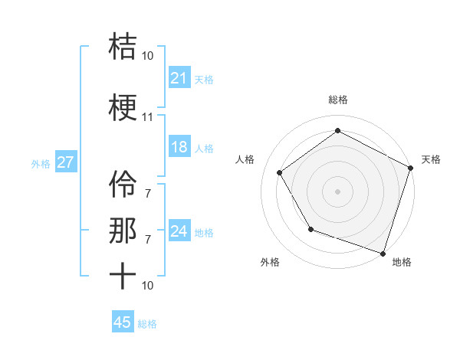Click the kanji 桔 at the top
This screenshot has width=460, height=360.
(123, 47)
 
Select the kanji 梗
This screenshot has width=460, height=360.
(123, 109)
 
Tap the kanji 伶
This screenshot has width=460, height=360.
(123, 185)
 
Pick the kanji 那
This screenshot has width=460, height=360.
(123, 231)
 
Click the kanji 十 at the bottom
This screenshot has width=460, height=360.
(123, 276)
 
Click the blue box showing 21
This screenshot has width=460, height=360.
(179, 78)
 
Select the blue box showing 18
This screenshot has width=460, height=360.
(179, 147)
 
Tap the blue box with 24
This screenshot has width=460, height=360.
(179, 231)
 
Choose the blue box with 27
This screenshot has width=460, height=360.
(65, 162)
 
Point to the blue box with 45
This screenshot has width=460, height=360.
(123, 322)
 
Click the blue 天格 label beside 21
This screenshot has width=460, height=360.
(204, 79)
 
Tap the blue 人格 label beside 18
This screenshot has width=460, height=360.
(204, 148)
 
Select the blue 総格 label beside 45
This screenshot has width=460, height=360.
(147, 324)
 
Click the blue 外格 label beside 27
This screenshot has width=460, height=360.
(41, 163)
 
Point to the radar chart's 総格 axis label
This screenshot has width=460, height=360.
(338, 100)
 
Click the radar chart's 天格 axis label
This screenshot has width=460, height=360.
(431, 159)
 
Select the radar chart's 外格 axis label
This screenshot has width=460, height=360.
(270, 262)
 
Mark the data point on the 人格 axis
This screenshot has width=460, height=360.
(280, 172)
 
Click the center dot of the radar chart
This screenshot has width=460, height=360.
(338, 191)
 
